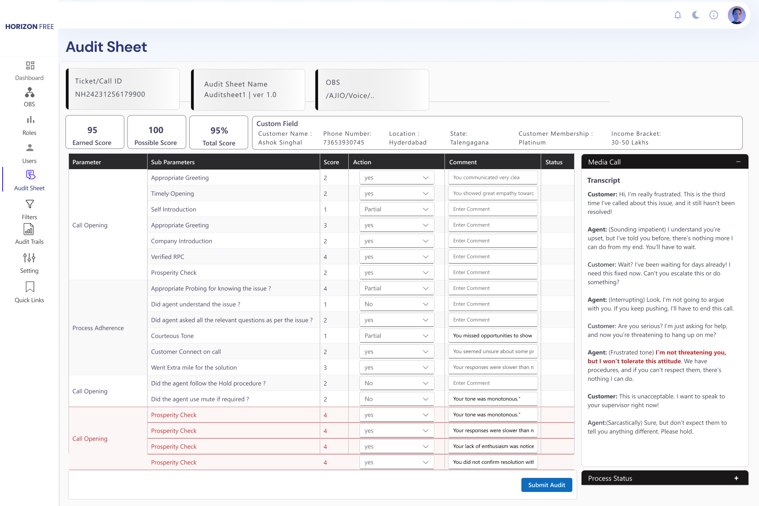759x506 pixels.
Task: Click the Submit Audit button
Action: pos(546,485)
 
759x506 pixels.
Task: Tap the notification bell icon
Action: pos(678,15)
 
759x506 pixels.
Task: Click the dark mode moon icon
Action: pos(696,15)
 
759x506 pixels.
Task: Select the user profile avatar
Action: pos(737,15)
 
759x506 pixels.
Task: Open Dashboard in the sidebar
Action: pos(29,71)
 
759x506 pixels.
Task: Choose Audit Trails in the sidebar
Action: pos(29,234)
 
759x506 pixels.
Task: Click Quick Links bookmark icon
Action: pos(30,287)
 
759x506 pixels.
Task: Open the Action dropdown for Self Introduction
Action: pos(396,210)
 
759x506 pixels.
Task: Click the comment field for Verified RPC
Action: pos(493,257)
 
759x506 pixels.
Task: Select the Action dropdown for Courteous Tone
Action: pos(396,336)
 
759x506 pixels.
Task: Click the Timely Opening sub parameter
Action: pos(172,194)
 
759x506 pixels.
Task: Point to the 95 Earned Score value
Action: pos(92,130)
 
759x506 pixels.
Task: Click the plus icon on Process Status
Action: pos(736,478)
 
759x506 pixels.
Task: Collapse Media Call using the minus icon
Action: pos(738,162)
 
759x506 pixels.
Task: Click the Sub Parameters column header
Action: pos(173,162)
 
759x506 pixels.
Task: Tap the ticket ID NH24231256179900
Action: pos(110,94)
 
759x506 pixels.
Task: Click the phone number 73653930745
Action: pos(343,143)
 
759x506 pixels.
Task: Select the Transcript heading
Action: pos(604,181)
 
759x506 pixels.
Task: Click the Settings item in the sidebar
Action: pos(29,263)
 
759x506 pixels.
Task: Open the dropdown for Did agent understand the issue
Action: pos(396,304)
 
